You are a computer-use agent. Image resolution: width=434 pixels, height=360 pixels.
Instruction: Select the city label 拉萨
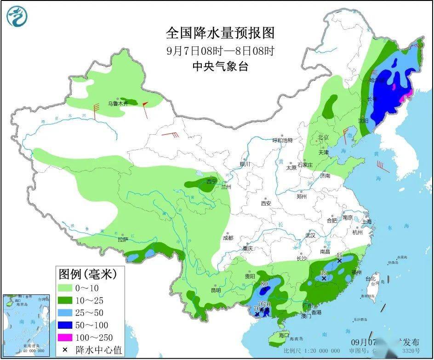coord(122,240)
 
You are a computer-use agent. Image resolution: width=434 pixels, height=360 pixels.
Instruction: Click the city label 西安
coord(267,203)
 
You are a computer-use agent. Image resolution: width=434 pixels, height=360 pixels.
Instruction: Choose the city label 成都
coord(228,238)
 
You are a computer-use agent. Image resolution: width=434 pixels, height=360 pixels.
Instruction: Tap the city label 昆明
coord(216,290)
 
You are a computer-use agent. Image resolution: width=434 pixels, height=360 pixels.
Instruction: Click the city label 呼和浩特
coord(282,140)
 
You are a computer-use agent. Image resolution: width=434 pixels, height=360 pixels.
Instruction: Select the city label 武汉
coord(310,235)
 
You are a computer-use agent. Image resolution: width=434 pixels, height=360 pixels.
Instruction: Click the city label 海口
coord(284,336)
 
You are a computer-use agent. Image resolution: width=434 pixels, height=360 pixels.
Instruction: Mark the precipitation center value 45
coord(340,256)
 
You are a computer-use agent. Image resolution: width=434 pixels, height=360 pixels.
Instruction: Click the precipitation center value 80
coord(264,284)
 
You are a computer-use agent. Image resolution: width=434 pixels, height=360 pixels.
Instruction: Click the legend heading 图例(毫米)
coord(87,274)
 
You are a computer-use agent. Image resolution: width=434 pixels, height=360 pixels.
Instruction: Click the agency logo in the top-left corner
coord(17,17)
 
